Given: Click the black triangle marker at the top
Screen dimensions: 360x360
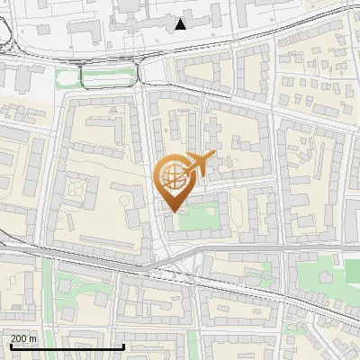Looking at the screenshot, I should [181, 24].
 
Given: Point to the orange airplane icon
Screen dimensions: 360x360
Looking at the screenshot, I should [199, 162].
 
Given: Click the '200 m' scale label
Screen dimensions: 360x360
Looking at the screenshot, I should [23, 338].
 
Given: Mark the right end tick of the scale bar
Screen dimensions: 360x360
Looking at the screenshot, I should [123, 346].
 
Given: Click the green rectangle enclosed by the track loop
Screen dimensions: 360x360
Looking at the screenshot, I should [109, 78].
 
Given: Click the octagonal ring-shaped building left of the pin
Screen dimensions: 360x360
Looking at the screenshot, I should [76, 189].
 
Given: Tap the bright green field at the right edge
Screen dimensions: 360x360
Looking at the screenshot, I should [354, 269].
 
